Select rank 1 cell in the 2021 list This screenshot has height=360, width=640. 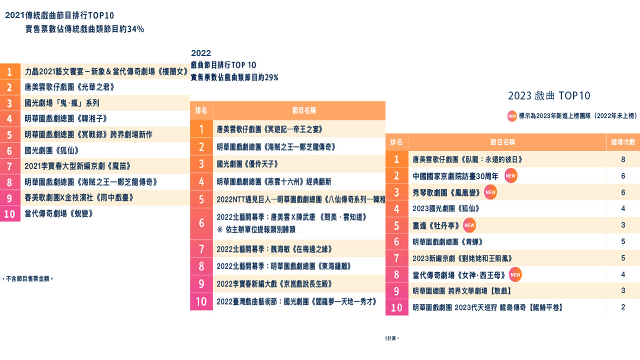9,71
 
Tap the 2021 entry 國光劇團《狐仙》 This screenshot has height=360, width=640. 52,150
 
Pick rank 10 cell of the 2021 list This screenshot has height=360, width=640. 9,214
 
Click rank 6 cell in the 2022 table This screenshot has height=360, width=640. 201,223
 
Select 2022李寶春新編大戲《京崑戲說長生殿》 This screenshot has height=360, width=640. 274,284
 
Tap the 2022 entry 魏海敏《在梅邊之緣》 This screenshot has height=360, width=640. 274,249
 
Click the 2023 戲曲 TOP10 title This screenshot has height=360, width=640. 549,95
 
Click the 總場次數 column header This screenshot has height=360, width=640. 623,142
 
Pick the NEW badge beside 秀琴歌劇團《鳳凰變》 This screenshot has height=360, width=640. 490,192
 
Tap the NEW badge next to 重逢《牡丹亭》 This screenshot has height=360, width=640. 469,225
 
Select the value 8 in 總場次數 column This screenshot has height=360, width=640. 623,159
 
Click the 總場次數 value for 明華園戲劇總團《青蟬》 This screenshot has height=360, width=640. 623,242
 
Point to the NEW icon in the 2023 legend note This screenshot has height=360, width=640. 512,116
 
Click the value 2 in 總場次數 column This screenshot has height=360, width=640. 623,307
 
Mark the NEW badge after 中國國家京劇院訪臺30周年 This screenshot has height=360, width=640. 510,176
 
